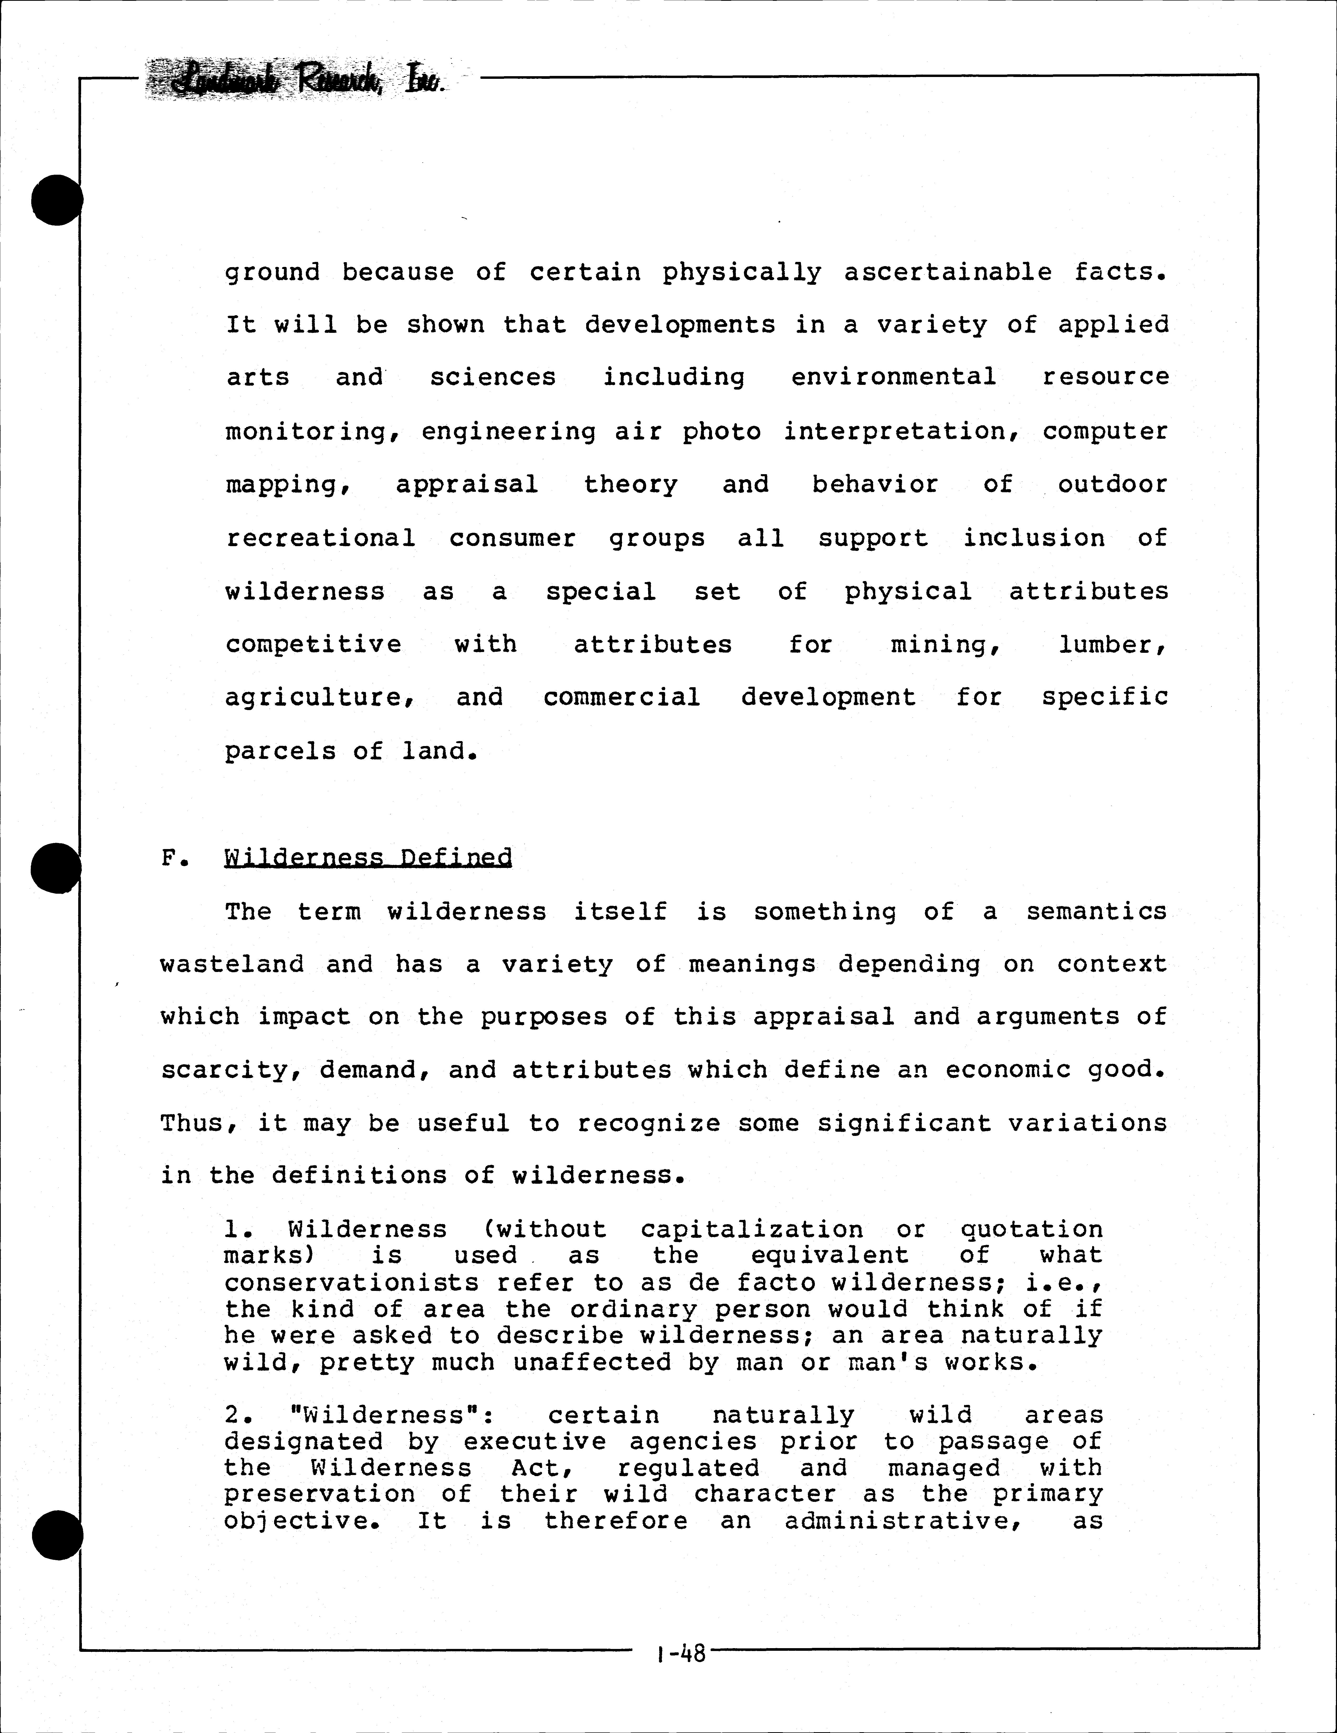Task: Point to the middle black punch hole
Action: click(55, 867)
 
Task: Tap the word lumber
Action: click(1113, 644)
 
